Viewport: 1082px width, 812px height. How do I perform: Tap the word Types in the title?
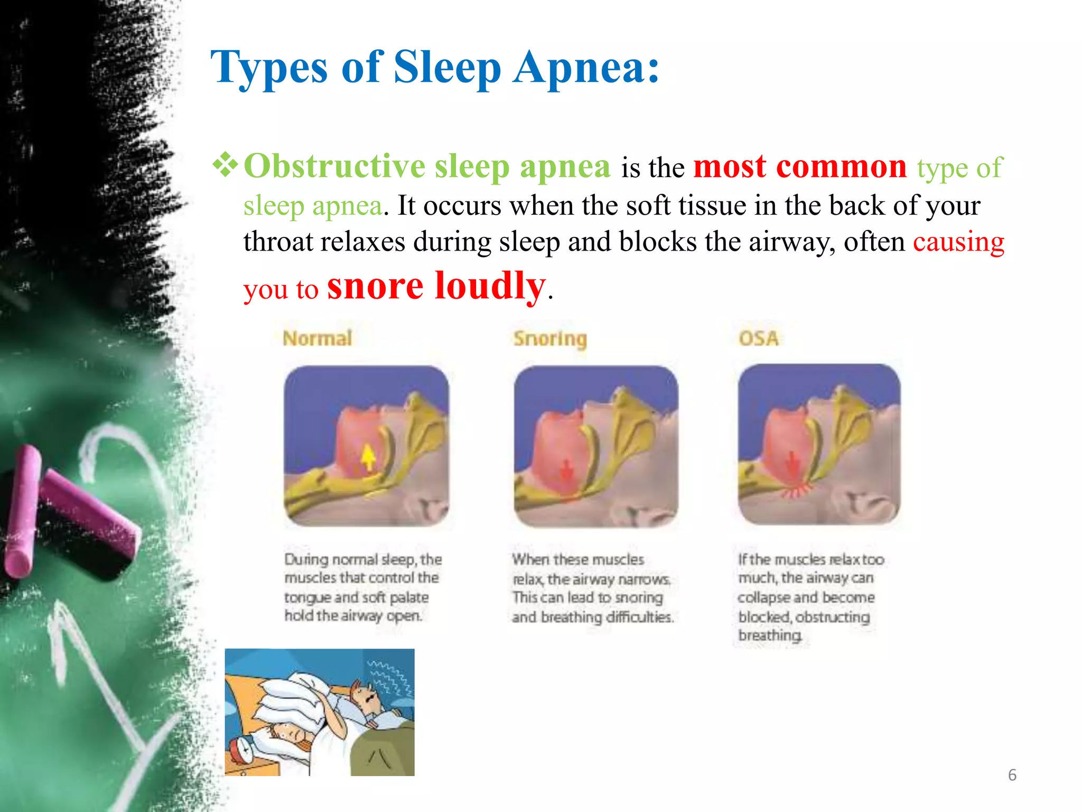(x=269, y=68)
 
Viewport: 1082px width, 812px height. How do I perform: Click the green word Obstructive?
(x=334, y=167)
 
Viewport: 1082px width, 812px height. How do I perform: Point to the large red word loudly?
(x=490, y=286)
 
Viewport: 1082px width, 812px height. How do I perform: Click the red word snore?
(x=375, y=287)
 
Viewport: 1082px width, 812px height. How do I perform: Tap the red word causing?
(x=958, y=242)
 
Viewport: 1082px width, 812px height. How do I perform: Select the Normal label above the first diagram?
(x=317, y=338)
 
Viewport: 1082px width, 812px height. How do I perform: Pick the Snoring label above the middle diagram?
(x=550, y=339)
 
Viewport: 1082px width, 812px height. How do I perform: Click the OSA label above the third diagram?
(x=758, y=338)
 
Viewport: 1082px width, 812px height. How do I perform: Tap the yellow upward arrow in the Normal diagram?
(x=368, y=456)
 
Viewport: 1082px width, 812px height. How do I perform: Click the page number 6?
(x=1012, y=775)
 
